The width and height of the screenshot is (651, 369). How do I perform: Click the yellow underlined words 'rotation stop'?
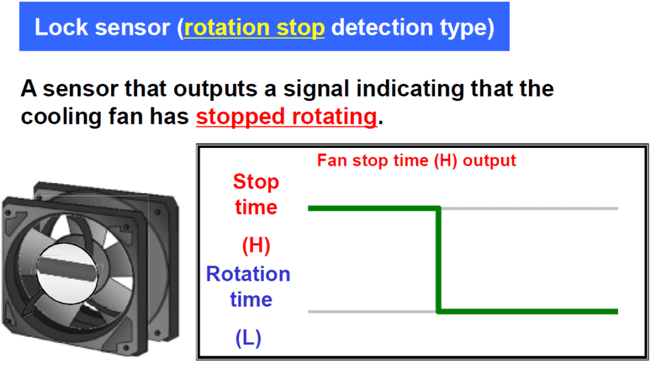254,28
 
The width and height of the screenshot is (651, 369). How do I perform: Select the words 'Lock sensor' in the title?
104,28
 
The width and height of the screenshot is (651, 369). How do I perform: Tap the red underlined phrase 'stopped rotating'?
286,117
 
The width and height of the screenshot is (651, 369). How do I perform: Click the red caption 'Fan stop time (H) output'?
416,161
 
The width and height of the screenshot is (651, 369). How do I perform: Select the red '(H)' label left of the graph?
256,245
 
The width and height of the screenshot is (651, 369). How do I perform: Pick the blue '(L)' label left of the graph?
248,338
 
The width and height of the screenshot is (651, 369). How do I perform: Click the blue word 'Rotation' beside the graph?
248,274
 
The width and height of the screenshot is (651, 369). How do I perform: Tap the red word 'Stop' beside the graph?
256,182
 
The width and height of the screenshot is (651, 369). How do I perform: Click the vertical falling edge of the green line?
439,260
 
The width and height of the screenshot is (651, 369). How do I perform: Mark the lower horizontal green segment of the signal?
528,311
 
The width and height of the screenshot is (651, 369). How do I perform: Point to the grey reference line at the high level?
528,208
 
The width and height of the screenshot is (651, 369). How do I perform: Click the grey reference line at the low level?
372,311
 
